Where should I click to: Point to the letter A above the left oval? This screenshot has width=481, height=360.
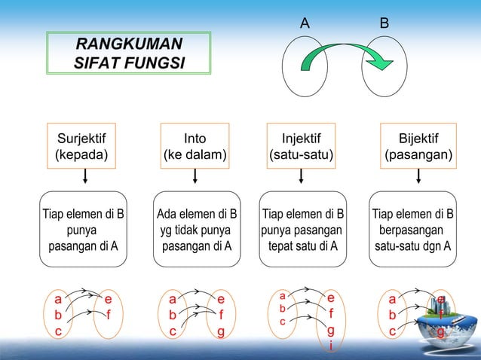tap(305, 23)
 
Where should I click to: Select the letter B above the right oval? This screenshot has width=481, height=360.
tap(384, 23)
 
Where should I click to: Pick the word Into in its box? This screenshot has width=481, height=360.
tap(195, 138)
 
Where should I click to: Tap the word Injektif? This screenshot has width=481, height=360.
tap(302, 138)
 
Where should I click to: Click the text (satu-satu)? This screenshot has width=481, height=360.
tap(302, 156)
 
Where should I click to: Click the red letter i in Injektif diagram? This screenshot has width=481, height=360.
tap(330, 346)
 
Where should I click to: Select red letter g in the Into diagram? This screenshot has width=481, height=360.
tap(221, 331)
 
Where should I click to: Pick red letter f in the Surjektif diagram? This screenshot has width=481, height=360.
tap(109, 315)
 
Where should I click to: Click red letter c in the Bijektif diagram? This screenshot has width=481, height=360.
tap(392, 331)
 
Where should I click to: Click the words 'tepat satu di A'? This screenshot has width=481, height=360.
tap(302, 246)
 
